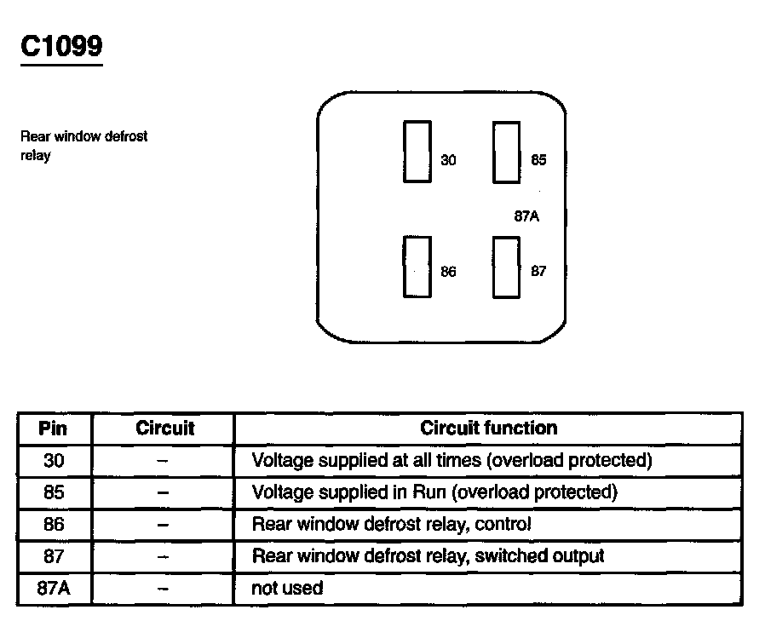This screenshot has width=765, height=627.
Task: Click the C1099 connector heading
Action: tap(61, 46)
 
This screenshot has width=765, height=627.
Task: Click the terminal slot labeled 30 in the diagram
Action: tap(417, 151)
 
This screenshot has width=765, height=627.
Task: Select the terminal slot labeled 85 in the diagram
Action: tap(507, 152)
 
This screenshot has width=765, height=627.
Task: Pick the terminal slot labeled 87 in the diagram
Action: tap(507, 267)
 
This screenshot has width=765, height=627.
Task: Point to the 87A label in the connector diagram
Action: tap(526, 216)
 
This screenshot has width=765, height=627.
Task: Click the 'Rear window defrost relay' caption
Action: tap(83, 146)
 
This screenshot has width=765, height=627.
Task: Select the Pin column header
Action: tap(53, 429)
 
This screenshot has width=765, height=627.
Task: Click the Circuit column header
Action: tap(164, 429)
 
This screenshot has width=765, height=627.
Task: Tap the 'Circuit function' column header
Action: tap(489, 429)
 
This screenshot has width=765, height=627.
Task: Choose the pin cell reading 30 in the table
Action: tap(53, 461)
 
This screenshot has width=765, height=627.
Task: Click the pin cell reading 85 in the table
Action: tap(53, 492)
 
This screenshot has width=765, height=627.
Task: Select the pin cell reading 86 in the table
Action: tap(53, 524)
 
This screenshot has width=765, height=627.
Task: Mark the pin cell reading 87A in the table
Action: tap(53, 588)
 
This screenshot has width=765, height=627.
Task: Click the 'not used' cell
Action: tap(287, 588)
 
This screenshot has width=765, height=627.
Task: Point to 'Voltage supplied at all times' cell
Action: tap(452, 461)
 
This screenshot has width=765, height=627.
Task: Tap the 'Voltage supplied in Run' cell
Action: tap(434, 492)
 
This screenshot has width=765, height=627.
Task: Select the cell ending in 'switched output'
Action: tap(428, 556)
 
